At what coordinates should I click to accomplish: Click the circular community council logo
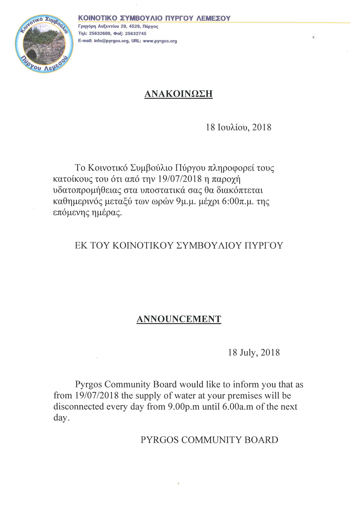(x=44, y=44)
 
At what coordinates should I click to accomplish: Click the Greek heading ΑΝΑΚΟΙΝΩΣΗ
(x=178, y=94)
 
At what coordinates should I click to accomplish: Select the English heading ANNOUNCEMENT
(x=179, y=319)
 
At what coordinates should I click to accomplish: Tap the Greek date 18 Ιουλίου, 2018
(x=238, y=127)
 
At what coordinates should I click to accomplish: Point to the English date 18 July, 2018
(x=254, y=352)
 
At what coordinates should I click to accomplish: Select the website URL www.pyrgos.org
(x=160, y=41)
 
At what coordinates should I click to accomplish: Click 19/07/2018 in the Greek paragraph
(x=180, y=179)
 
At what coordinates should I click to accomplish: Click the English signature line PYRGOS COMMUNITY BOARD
(x=209, y=440)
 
